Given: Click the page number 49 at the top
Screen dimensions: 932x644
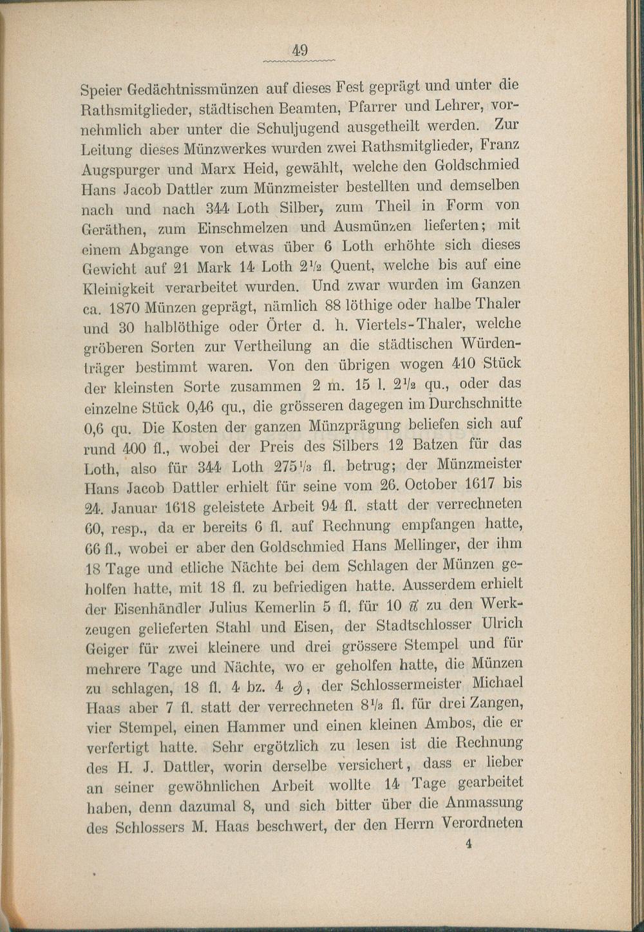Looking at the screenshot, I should tap(301, 50).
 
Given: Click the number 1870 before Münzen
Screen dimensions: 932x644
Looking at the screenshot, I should tap(128, 308).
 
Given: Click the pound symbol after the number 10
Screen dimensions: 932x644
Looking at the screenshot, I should tap(413, 606).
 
